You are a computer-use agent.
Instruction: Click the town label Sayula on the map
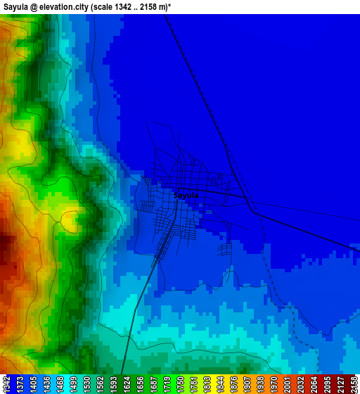pos(186,196)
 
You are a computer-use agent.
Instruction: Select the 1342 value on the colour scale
pos(6,384)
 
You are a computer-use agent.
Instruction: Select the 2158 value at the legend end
pos(354,384)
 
